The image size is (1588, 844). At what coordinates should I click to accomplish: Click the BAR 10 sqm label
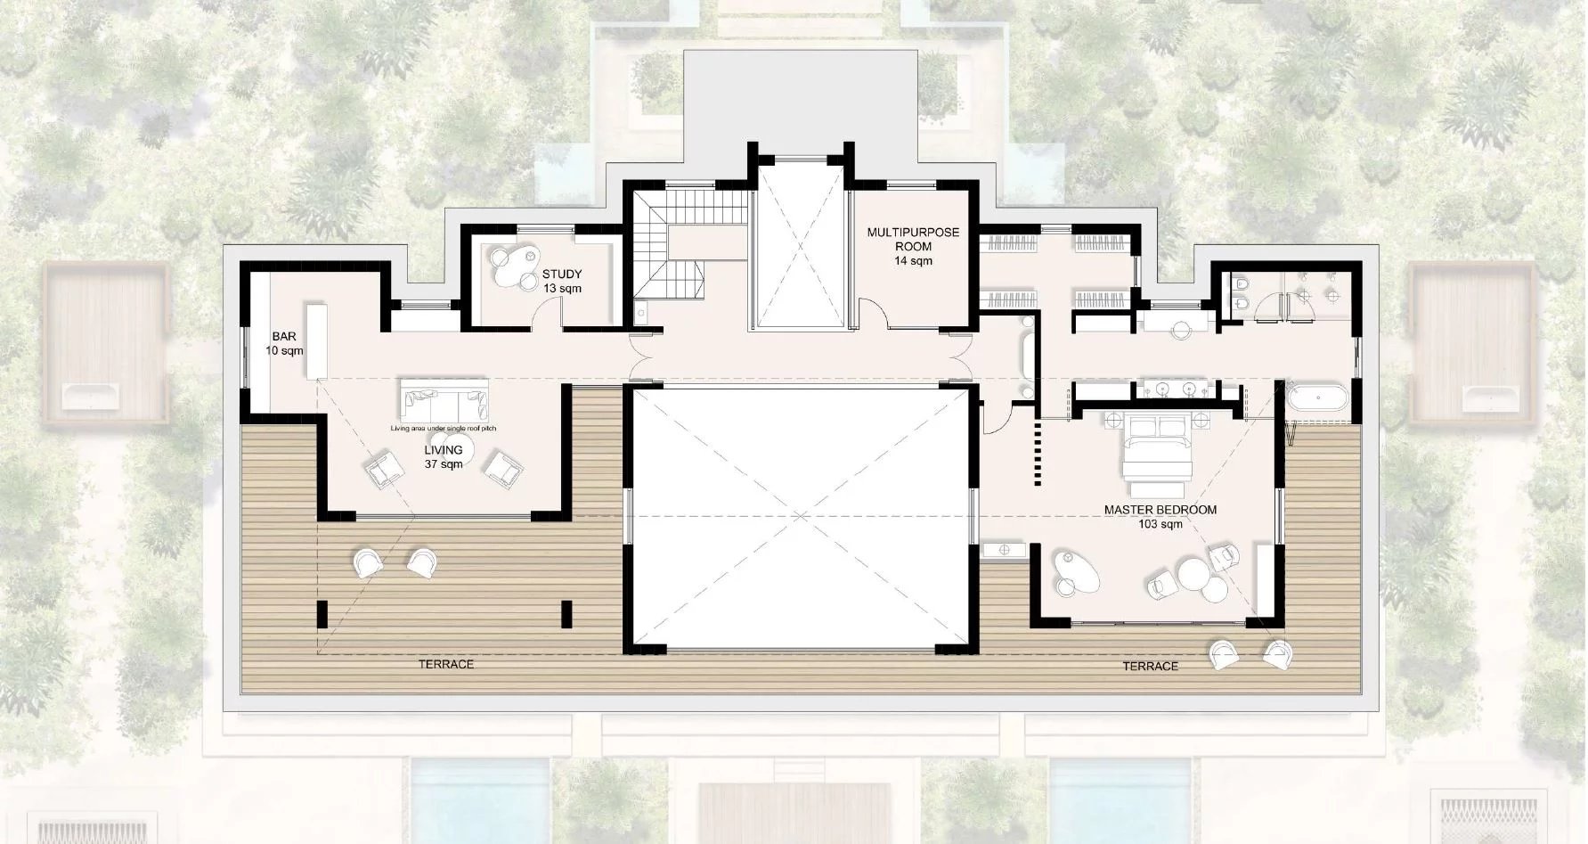[284, 344]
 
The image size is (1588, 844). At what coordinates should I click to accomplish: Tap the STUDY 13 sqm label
[562, 282]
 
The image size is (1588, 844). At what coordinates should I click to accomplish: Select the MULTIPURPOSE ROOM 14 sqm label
[913, 246]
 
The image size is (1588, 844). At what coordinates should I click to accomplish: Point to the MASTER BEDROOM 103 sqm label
[1160, 517]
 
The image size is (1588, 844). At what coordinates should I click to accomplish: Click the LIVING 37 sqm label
[443, 457]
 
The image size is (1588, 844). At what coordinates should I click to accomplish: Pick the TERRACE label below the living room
[446, 664]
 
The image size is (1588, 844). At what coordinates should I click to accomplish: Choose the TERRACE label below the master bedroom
[1150, 666]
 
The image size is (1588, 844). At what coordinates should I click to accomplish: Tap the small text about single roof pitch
[443, 429]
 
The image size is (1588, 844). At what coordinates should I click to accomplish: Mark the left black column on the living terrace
[322, 613]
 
